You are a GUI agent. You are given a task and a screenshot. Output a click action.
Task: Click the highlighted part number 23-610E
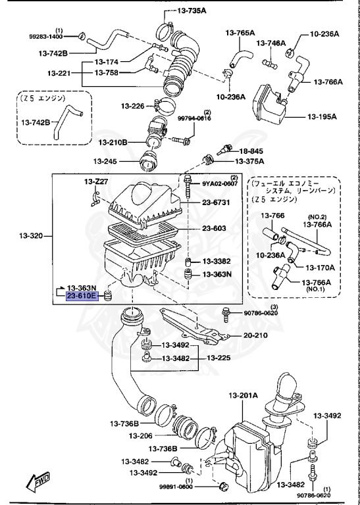pyautogui.click(x=82, y=297)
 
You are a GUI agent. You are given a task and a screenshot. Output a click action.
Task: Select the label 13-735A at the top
pyautogui.click(x=192, y=11)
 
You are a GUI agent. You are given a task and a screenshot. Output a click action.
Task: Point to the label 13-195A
pyautogui.click(x=322, y=117)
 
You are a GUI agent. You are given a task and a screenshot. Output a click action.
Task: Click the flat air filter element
pyautogui.click(x=141, y=231)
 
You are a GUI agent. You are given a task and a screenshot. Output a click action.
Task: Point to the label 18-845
pyautogui.click(x=250, y=150)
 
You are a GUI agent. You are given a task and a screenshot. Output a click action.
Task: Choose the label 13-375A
pyautogui.click(x=250, y=161)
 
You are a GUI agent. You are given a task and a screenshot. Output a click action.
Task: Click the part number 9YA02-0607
pyautogui.click(x=220, y=184)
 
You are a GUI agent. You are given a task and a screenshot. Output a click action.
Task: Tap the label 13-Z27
pyautogui.click(x=95, y=181)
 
